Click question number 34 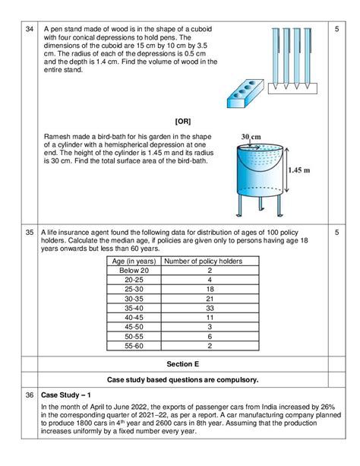[x=30, y=29]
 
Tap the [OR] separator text [x=183, y=122]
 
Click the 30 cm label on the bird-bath [x=251, y=137]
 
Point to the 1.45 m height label [x=299, y=170]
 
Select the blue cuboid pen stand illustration [x=245, y=94]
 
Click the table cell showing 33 [x=210, y=308]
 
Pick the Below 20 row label [x=134, y=271]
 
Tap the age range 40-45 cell [x=134, y=318]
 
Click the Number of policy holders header [x=204, y=261]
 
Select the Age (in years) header [x=134, y=262]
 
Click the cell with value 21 [x=210, y=299]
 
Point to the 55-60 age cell [x=134, y=346]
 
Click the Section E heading [x=183, y=364]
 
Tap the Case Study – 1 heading [x=65, y=395]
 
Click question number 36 [x=30, y=395]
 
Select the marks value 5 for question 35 [x=336, y=232]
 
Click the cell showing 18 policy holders [x=210, y=289]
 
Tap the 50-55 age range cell [x=134, y=337]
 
